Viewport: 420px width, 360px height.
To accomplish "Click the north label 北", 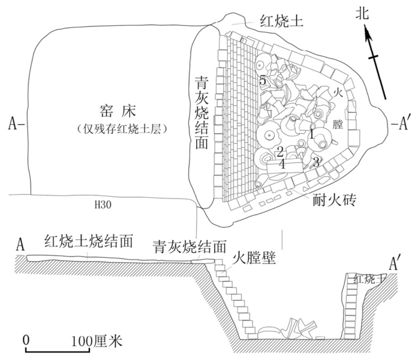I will pos(363,14).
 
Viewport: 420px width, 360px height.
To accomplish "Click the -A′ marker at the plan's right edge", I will pos(399,124).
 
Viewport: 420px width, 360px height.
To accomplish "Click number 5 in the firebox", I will pos(263,81).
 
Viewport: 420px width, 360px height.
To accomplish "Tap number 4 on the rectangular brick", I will pos(282,164).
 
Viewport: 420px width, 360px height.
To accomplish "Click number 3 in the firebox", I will pos(316,162).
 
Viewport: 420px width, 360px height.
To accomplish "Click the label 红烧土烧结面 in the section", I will pos(89,241).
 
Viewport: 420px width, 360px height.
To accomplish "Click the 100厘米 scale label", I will pos(97,341).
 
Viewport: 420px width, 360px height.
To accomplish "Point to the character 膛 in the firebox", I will pos(338,124).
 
